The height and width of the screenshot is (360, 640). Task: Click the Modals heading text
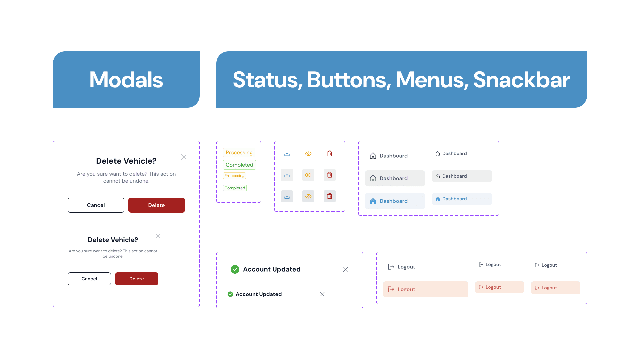126,80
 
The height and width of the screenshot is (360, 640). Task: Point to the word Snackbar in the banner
521,80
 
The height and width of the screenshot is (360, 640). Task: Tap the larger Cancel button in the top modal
96,205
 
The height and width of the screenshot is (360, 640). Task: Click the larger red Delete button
156,205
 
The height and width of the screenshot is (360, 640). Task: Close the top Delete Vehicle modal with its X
184,157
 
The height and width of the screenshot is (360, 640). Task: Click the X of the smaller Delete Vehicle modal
158,236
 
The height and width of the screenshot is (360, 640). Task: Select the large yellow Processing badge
239,152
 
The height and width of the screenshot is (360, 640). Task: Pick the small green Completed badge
235,188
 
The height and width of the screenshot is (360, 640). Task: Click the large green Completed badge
239,165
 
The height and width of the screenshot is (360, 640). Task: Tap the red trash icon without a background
330,153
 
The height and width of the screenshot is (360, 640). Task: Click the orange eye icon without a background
308,154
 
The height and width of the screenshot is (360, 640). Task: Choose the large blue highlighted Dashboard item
395,201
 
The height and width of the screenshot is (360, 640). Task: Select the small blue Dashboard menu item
462,199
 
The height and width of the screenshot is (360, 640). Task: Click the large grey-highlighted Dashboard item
395,178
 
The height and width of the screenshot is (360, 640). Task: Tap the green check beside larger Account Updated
235,269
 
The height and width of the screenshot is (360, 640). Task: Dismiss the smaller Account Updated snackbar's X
322,294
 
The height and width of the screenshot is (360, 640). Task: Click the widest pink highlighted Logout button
425,289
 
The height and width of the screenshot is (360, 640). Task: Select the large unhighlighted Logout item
402,267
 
